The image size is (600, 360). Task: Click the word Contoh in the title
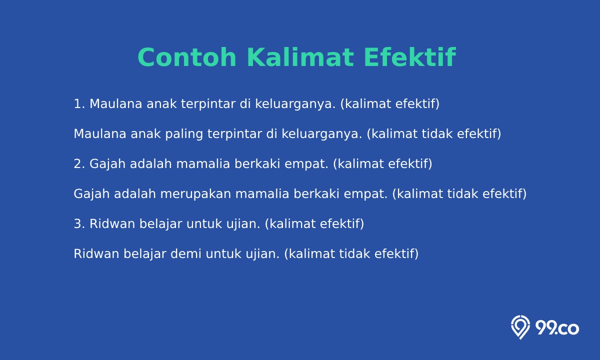click(x=187, y=57)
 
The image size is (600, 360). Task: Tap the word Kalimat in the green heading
click(x=300, y=57)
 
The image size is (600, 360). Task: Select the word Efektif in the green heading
click(x=410, y=57)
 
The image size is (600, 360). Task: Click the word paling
click(x=184, y=134)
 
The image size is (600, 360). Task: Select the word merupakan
click(x=195, y=194)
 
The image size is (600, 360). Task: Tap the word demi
click(x=186, y=253)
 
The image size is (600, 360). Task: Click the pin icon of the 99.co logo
click(x=520, y=327)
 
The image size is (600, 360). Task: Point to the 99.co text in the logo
click(x=557, y=328)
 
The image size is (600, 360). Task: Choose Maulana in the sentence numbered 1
click(x=115, y=104)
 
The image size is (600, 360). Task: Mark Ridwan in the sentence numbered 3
click(x=112, y=224)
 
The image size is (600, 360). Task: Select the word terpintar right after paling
click(x=234, y=134)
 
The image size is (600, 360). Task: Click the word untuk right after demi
click(x=223, y=254)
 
